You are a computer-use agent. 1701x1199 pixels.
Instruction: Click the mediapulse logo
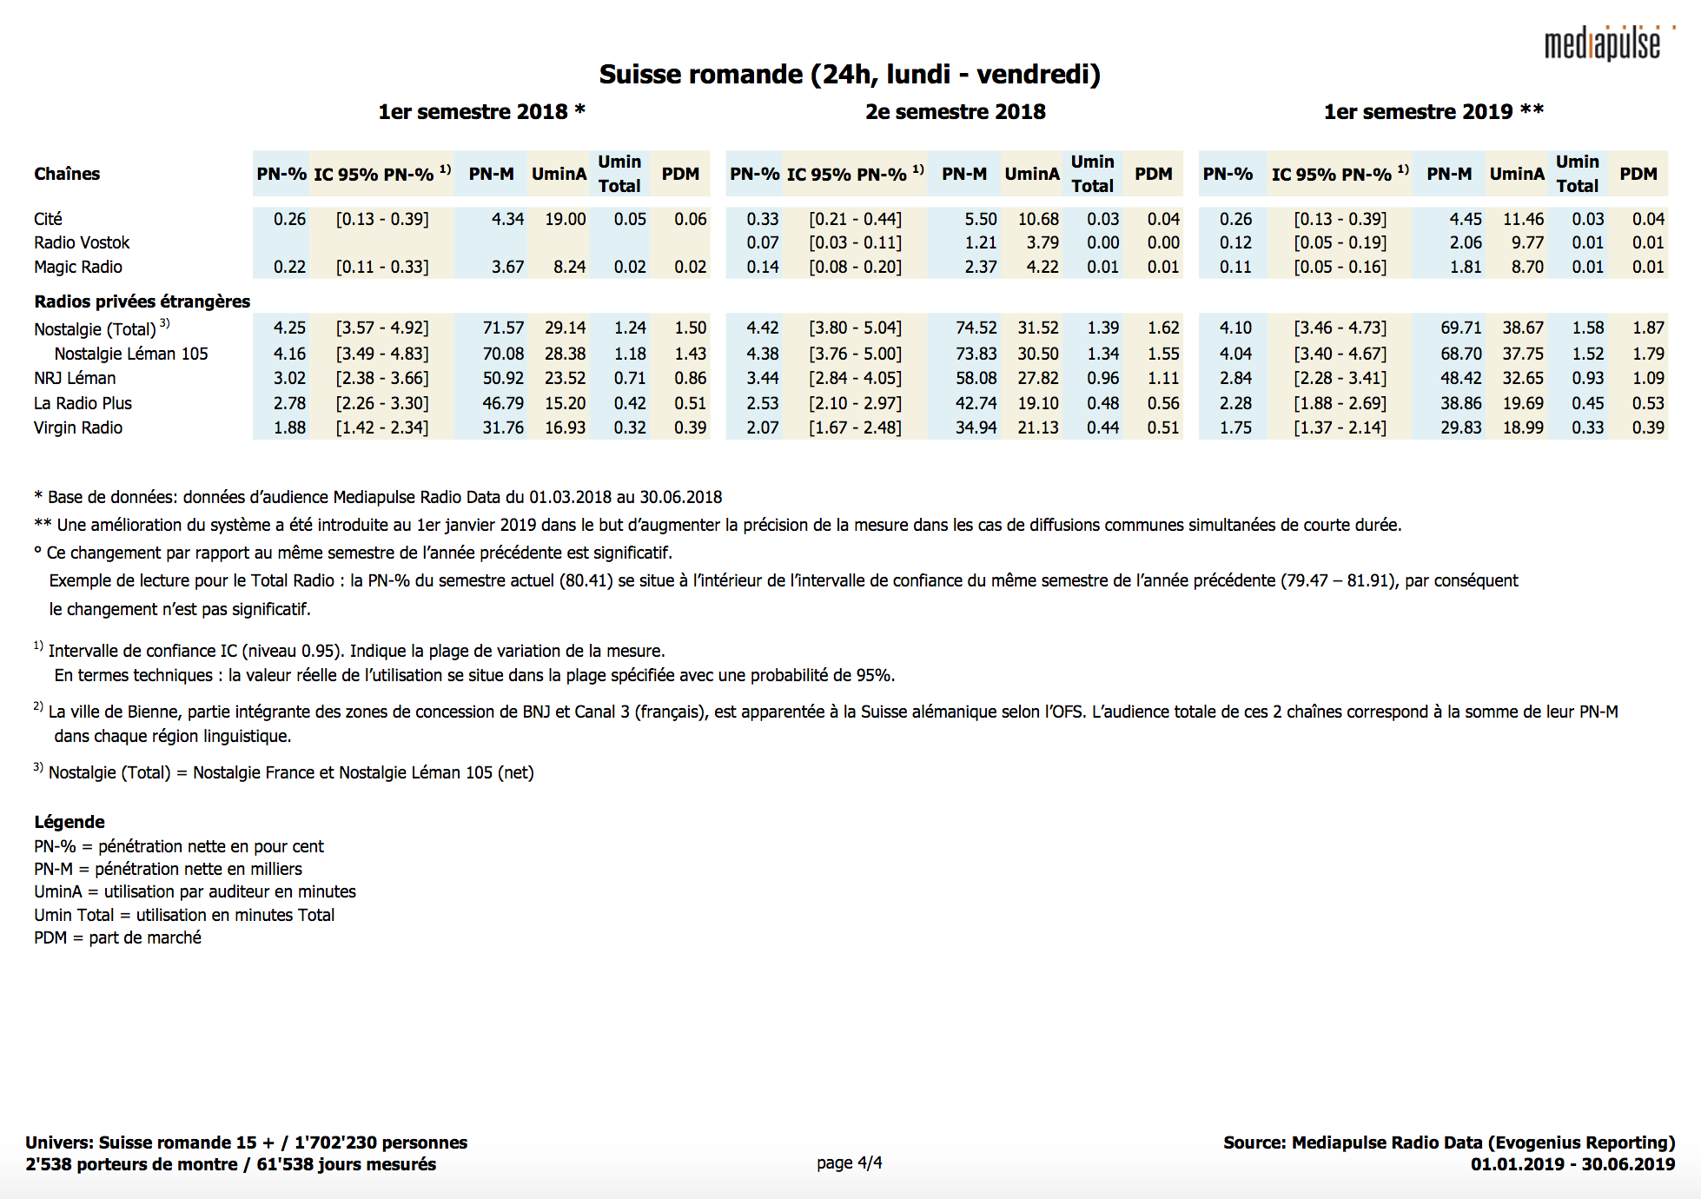click(x=1603, y=43)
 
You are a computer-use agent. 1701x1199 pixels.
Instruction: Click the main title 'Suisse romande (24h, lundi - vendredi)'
click(x=850, y=75)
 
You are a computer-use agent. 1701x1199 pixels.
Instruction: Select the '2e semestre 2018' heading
click(x=955, y=112)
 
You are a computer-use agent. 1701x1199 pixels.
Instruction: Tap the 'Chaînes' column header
click(x=67, y=174)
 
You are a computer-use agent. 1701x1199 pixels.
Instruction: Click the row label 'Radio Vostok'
click(x=82, y=242)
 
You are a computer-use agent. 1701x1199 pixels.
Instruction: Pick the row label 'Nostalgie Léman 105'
click(x=131, y=354)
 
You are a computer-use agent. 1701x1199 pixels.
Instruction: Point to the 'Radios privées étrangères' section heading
click(x=142, y=301)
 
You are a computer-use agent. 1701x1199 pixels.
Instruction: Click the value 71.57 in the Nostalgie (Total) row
click(x=503, y=328)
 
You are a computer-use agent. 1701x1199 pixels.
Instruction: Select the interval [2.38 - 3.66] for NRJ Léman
click(x=382, y=378)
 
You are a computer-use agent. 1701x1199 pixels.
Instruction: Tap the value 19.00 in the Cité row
click(x=565, y=219)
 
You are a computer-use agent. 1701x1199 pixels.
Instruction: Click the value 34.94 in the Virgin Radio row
click(x=976, y=427)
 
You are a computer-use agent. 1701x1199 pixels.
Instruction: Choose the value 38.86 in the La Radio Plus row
click(x=1460, y=403)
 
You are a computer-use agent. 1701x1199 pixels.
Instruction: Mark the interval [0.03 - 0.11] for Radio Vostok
click(x=855, y=242)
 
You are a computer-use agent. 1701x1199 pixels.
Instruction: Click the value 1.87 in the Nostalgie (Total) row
click(x=1647, y=328)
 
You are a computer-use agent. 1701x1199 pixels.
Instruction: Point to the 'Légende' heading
click(x=69, y=822)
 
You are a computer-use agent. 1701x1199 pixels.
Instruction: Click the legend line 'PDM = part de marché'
click(x=117, y=937)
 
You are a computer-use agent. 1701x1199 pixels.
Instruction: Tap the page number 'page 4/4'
click(x=849, y=1163)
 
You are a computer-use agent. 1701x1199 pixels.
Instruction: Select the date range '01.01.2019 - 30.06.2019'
click(x=1572, y=1164)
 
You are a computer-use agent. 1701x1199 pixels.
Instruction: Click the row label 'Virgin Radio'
click(x=78, y=427)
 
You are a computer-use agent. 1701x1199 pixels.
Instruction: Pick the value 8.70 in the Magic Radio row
click(x=1527, y=267)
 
